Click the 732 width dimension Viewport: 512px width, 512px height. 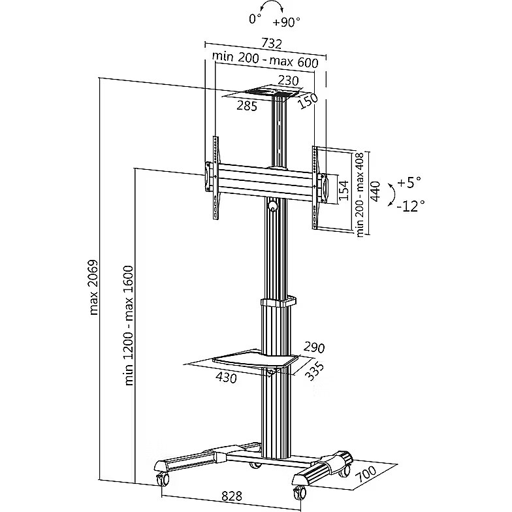[270, 44]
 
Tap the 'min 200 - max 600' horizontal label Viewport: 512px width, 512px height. [265, 63]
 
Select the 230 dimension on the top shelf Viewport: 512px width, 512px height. [287, 81]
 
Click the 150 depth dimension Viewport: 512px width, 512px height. [308, 102]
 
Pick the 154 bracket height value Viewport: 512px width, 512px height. [344, 189]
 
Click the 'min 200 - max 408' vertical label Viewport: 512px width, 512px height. [360, 195]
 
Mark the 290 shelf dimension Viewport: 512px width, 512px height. [313, 347]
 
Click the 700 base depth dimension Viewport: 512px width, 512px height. [366, 480]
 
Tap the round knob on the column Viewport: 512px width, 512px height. [272, 207]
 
